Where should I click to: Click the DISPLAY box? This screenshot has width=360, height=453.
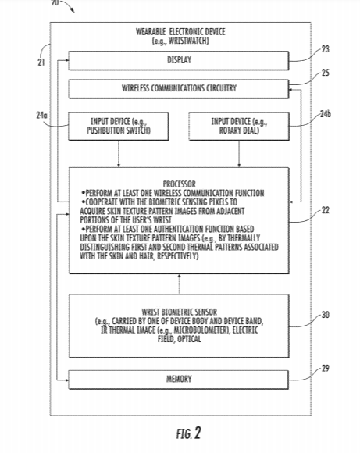coord(179,60)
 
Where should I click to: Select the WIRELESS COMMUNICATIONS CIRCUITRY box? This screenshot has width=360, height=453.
coord(179,89)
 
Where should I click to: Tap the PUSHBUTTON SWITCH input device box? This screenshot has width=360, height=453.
coord(119,127)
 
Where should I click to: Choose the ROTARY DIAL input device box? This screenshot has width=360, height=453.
coord(239,127)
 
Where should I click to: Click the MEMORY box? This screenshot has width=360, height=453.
coord(179,380)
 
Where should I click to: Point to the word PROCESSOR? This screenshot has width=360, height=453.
coord(179,184)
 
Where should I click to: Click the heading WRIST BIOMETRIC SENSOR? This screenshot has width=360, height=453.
coord(179,312)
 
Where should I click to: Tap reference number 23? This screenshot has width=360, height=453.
coord(326,49)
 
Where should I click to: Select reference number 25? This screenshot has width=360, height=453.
coord(326,73)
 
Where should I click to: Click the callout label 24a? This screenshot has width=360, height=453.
coord(41,116)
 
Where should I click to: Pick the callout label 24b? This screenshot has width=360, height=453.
coord(326,114)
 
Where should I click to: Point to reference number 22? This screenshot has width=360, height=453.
coord(326,210)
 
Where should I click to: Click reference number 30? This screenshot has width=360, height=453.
coord(326,315)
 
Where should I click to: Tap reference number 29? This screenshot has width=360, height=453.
coord(326,369)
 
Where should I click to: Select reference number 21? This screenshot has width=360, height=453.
coord(41,62)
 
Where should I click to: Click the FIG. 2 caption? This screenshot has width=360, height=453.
coord(189,433)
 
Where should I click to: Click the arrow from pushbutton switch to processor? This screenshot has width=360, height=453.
coord(119,154)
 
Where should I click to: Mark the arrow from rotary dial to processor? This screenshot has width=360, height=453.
coord(239,154)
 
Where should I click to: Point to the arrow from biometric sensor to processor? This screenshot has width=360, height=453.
coord(179,284)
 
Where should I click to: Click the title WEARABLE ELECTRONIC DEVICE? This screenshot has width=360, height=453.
coord(180,31)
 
